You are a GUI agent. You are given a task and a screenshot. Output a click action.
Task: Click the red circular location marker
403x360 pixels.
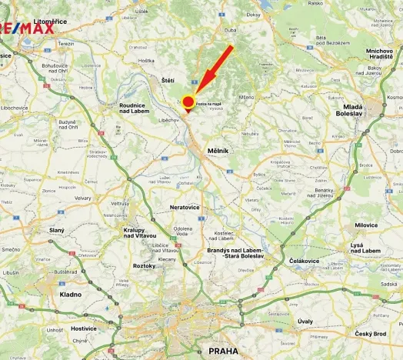click(x=188, y=102)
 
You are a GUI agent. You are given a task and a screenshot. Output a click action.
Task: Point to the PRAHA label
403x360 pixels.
click(x=224, y=351)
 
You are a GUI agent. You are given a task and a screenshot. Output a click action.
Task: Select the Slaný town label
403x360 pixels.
click(x=57, y=230)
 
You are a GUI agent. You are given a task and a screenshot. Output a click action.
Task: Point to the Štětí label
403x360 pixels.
click(x=168, y=79)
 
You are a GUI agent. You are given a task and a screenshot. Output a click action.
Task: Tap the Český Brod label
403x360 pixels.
click(x=370, y=333)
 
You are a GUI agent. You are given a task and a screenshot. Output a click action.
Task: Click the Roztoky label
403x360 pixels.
click(x=144, y=265)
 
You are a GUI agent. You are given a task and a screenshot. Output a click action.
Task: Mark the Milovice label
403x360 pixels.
click(x=366, y=225)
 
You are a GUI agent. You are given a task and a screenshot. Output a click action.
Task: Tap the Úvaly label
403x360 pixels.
click(x=305, y=321)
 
